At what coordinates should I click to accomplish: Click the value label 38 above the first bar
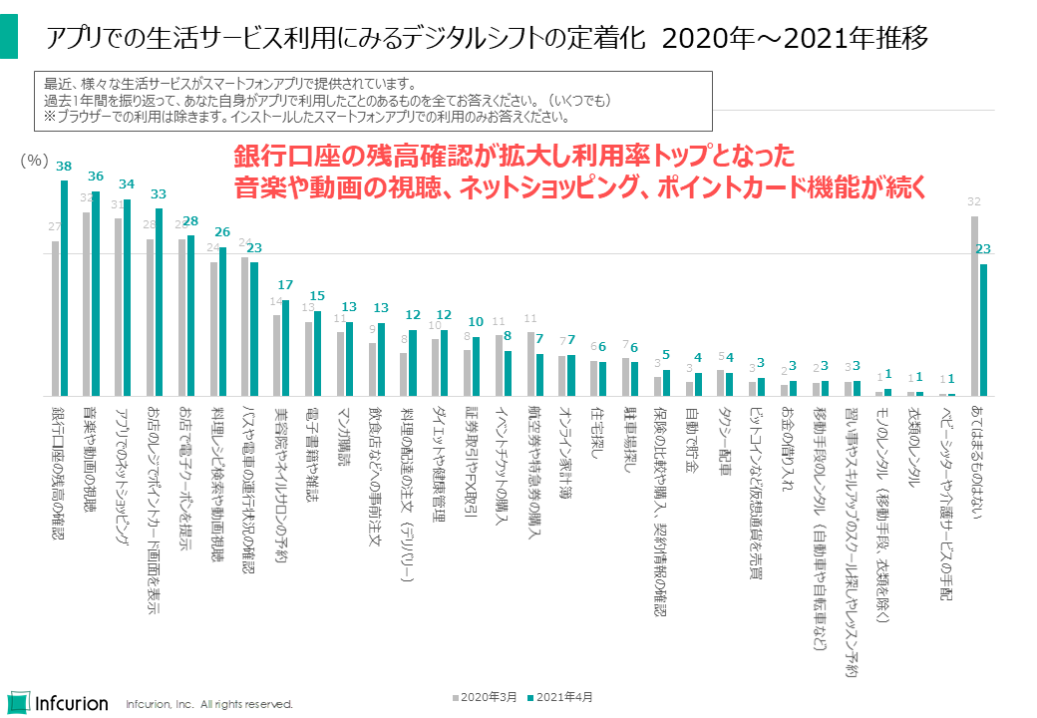tap(64, 167)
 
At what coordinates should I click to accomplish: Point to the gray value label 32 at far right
tap(974, 201)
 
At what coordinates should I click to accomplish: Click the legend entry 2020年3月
tap(485, 696)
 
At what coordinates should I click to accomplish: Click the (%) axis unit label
tap(34, 159)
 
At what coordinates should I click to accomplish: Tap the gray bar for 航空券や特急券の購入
tap(531, 363)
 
